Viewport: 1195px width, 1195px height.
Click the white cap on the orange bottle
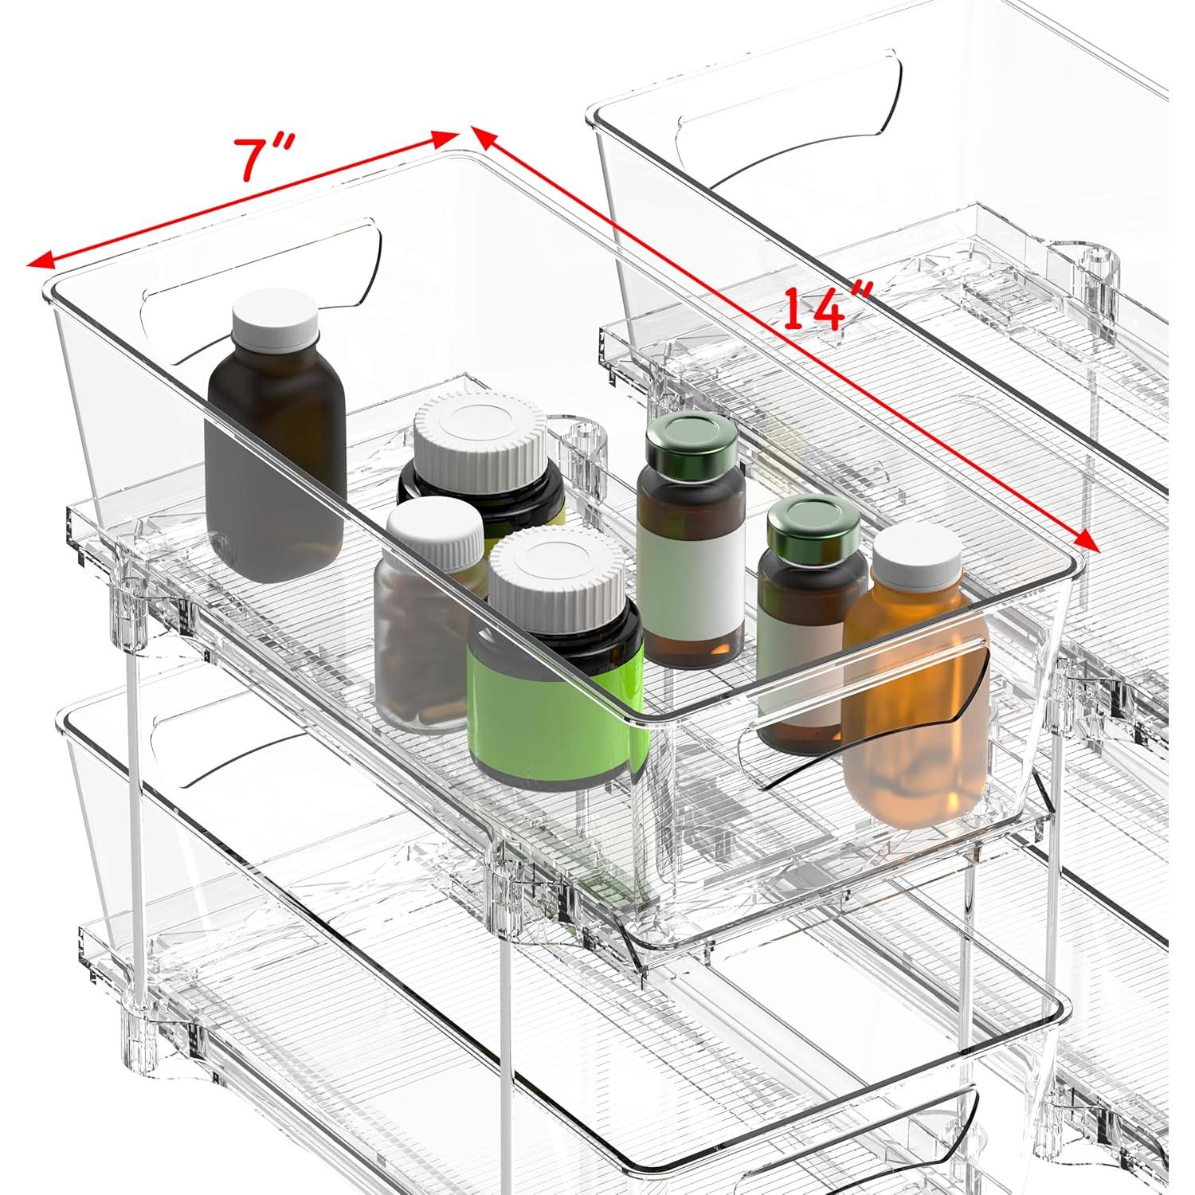917,554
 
